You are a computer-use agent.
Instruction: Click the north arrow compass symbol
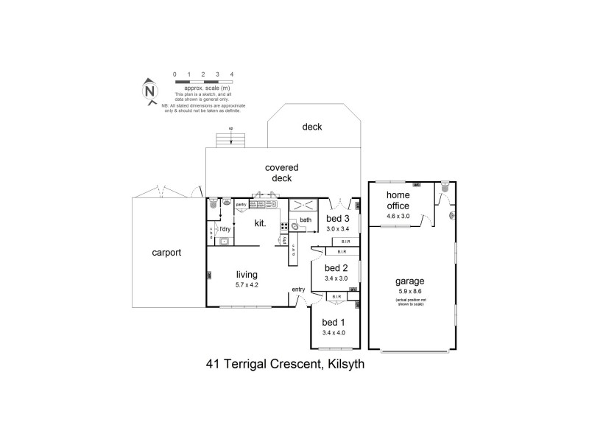click(x=149, y=91)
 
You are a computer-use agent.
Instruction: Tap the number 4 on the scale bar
click(x=232, y=74)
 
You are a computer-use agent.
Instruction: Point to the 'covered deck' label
click(x=278, y=173)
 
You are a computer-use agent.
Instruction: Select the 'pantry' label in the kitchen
click(x=241, y=204)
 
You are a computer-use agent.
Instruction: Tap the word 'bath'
click(x=306, y=220)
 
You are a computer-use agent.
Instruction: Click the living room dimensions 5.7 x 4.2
click(x=247, y=284)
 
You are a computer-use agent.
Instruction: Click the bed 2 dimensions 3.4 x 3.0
click(x=336, y=278)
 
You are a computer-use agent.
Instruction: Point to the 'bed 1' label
click(x=334, y=322)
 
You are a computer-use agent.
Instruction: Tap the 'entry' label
click(x=298, y=289)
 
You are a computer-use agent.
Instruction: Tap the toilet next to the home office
click(x=445, y=191)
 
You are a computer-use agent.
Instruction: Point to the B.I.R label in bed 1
click(x=336, y=298)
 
